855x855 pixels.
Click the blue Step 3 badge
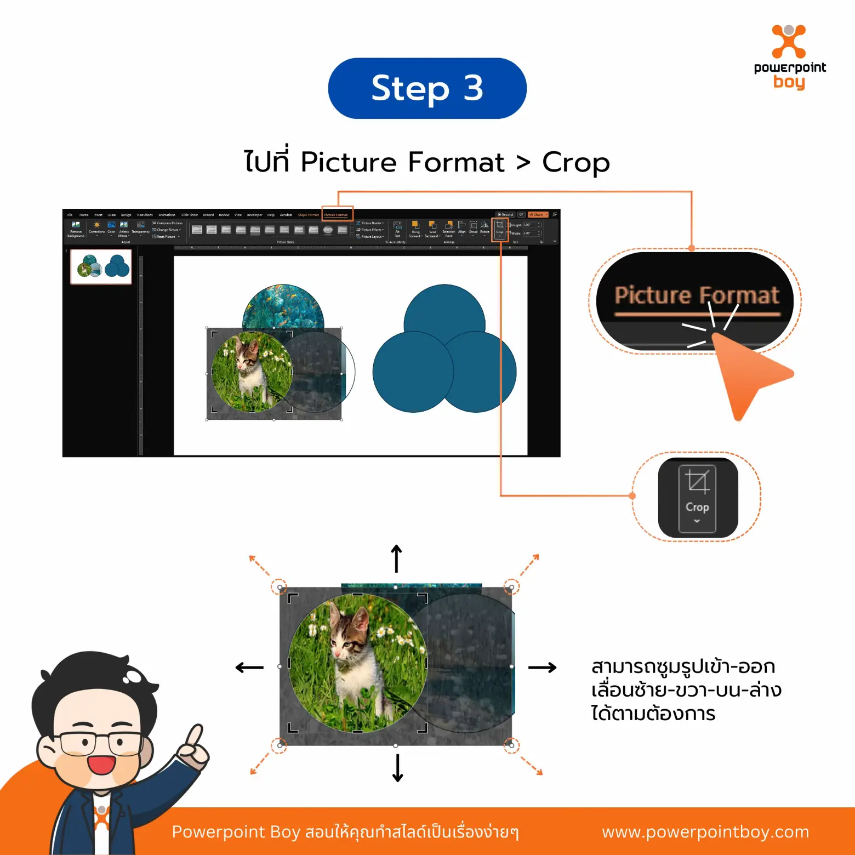pyautogui.click(x=427, y=88)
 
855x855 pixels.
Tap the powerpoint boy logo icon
pyautogui.click(x=789, y=42)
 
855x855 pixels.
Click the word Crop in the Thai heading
pyautogui.click(x=575, y=162)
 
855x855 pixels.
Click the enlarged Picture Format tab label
pyautogui.click(x=696, y=295)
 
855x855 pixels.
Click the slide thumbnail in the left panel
pyautogui.click(x=101, y=266)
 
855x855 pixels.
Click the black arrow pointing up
pyautogui.click(x=397, y=558)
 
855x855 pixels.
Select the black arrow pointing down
pyautogui.click(x=398, y=768)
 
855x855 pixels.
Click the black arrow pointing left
pyautogui.click(x=249, y=667)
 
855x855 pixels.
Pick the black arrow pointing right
pyautogui.click(x=542, y=667)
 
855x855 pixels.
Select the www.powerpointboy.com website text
pyautogui.click(x=705, y=831)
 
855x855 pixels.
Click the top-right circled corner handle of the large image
pyautogui.click(x=511, y=587)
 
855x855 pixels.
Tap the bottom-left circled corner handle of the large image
pyautogui.click(x=280, y=745)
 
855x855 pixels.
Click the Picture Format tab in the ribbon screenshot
pyautogui.click(x=336, y=215)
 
